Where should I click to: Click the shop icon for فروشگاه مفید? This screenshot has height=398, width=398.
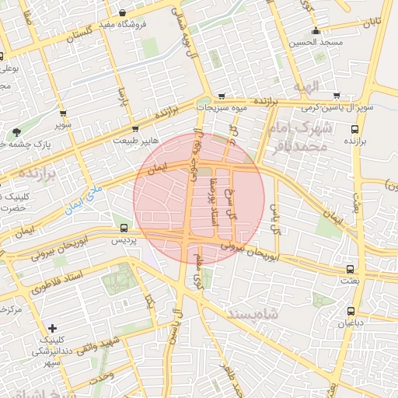pyautogui.click(x=124, y=12)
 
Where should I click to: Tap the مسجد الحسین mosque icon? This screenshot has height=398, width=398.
pyautogui.click(x=315, y=32)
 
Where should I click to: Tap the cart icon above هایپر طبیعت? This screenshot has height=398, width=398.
pyautogui.click(x=136, y=129)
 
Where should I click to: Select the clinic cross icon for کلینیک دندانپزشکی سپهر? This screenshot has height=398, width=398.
pyautogui.click(x=52, y=329)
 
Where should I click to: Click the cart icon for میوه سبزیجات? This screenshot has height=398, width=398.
pyautogui.click(x=223, y=96)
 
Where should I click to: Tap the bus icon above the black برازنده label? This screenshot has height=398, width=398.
pyautogui.click(x=354, y=130)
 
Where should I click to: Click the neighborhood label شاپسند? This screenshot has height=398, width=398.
pyautogui.click(x=253, y=312)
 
